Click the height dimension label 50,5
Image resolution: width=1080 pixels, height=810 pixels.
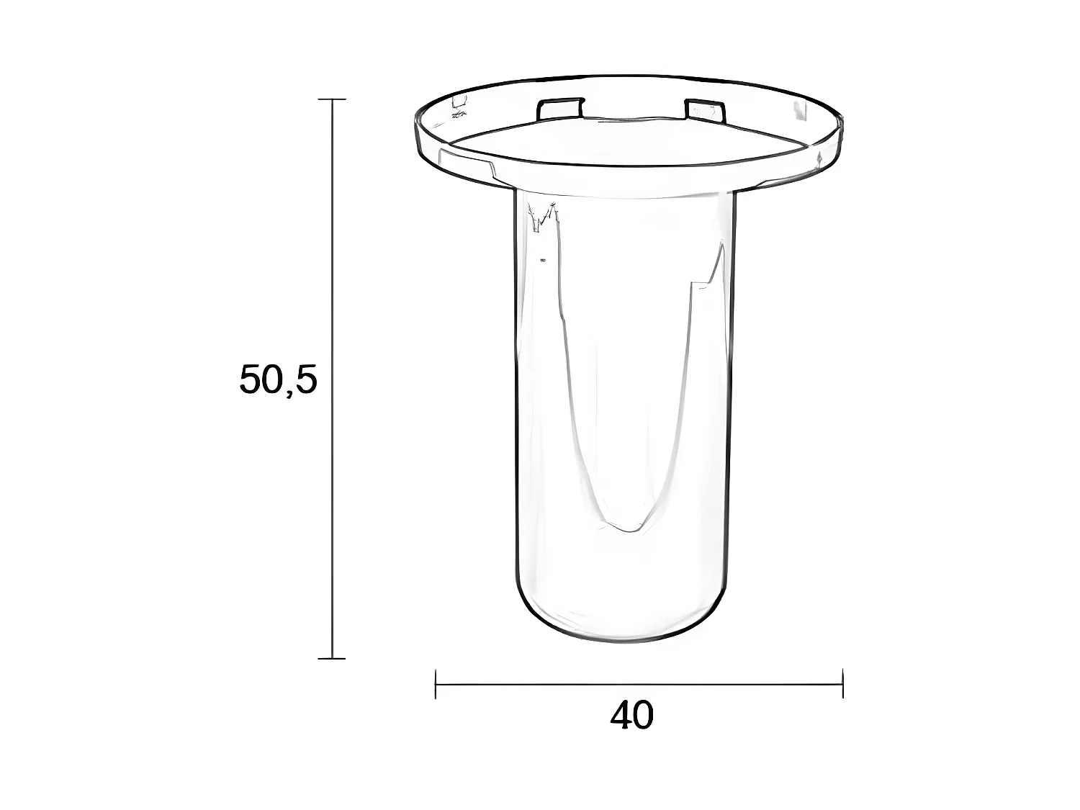[x=278, y=379]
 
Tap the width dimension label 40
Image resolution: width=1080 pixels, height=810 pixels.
[x=632, y=716]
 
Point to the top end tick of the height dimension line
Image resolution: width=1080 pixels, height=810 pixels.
[x=332, y=99]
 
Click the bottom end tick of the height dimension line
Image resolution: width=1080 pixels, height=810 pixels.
[x=332, y=658]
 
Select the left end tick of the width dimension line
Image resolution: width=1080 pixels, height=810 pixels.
[x=436, y=684]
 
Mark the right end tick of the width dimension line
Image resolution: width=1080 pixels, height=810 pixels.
[x=842, y=684]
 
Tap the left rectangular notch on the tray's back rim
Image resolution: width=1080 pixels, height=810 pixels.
[x=560, y=108]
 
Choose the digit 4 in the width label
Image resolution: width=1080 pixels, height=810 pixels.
[x=621, y=716]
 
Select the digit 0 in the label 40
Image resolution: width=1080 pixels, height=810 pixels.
[x=644, y=716]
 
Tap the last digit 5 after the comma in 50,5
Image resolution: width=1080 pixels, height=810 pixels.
[x=305, y=379]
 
